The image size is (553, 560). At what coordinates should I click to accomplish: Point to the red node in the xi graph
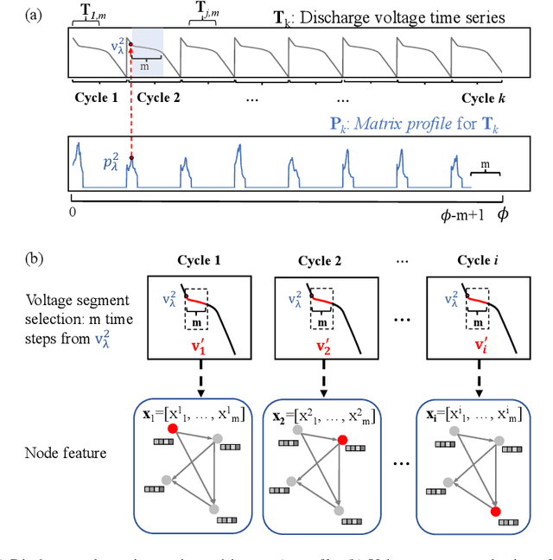[x=494, y=512]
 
